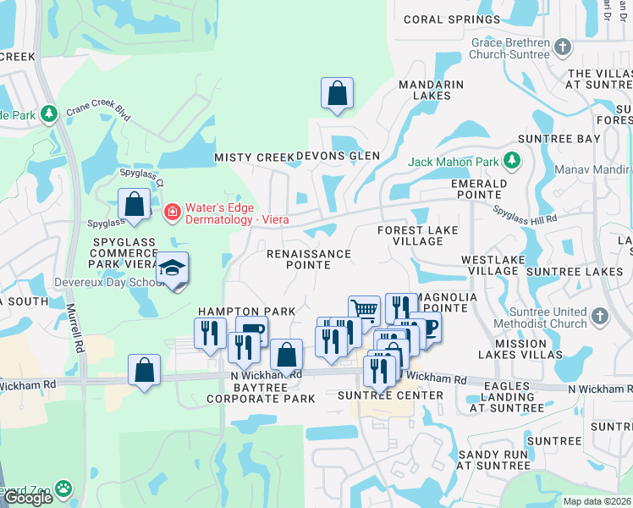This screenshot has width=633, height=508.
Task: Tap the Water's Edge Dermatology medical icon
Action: (172, 210)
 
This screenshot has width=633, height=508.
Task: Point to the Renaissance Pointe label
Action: (308, 259)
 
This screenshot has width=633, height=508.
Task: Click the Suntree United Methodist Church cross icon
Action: (599, 316)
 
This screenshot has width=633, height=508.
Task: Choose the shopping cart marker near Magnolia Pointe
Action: (364, 309)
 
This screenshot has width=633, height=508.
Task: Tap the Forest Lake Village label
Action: (418, 235)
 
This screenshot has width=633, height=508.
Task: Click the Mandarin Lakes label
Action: (431, 90)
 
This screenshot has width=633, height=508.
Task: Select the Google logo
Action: (28, 498)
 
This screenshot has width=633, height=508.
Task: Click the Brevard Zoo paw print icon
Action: (63, 489)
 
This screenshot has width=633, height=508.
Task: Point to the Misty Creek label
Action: (253, 157)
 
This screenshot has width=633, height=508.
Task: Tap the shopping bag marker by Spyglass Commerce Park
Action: (134, 203)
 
